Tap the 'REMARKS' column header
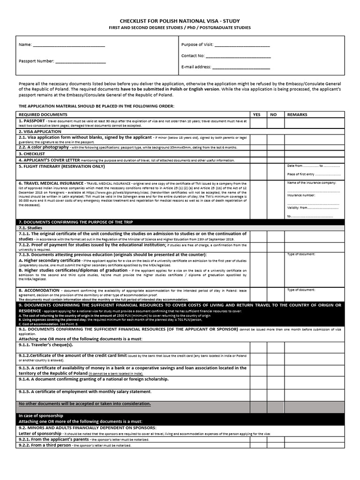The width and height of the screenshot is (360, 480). tap(297, 114)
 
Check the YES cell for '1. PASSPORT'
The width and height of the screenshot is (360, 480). tap(258, 123)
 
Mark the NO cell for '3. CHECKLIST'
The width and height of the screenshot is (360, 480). tap(275, 154)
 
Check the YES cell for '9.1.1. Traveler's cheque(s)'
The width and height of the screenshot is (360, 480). tap(258, 347)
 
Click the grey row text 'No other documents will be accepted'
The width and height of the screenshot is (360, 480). tap(85, 404)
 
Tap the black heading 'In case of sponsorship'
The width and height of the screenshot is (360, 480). tap(41, 416)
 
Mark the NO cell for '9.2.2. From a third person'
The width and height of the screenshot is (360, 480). tap(275, 445)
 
